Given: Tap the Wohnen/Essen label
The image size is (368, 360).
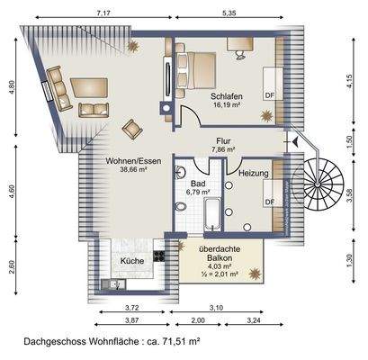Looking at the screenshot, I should tap(133, 160).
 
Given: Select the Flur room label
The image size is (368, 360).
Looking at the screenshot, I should tap(223, 141).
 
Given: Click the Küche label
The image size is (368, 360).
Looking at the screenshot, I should tap(132, 261).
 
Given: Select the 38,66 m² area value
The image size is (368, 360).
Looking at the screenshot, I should tap(133, 169).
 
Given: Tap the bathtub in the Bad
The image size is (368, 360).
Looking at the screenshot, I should tap(211, 214).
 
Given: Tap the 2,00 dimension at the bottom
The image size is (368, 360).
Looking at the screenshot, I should tap(197, 320).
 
